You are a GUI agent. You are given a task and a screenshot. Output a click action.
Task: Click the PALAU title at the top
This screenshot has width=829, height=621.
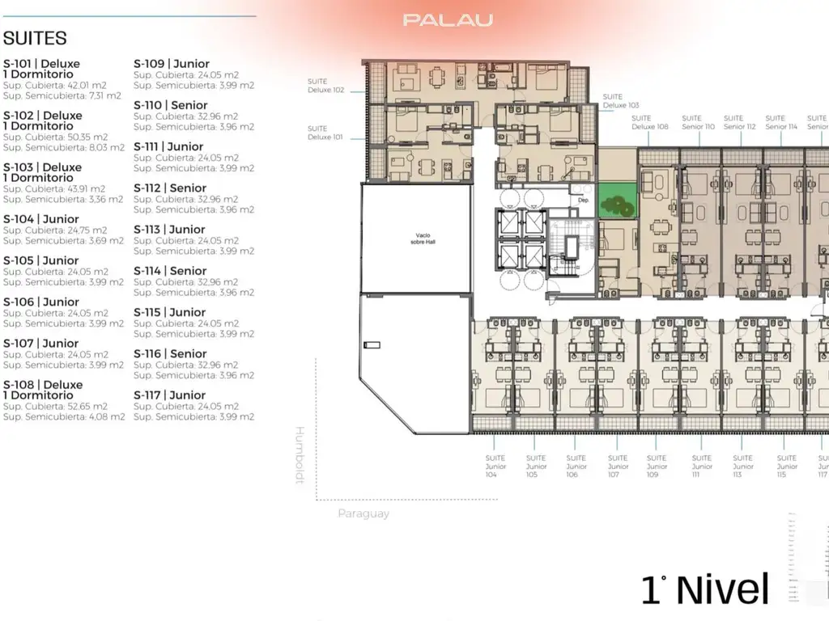448,20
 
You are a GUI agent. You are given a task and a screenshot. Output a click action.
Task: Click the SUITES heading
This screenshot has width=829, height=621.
35,38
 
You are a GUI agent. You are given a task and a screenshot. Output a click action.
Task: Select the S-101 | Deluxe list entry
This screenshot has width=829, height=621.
42,64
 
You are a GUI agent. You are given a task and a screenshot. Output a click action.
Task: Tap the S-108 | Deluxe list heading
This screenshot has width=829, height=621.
43,385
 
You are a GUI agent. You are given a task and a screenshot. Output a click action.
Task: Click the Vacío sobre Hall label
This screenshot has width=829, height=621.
414,239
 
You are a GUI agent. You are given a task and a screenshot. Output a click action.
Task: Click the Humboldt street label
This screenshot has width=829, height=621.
299,454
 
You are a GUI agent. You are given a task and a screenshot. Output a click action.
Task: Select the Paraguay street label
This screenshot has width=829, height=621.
363,513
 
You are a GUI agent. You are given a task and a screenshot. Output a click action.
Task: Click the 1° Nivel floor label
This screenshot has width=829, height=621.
704,589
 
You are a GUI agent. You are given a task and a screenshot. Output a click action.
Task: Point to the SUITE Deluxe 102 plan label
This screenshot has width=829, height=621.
325,86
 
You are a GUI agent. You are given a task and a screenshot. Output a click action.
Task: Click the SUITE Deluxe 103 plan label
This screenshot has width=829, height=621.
620,101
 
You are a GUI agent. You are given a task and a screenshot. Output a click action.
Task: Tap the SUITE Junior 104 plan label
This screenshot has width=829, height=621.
495,466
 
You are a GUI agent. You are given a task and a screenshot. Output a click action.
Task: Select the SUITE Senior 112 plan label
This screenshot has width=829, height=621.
739,122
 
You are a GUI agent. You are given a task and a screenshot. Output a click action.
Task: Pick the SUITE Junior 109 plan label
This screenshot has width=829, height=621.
657,466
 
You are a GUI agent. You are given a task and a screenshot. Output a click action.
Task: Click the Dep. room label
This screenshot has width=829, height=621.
582,198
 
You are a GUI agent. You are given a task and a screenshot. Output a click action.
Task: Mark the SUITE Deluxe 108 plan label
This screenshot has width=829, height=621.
650,122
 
